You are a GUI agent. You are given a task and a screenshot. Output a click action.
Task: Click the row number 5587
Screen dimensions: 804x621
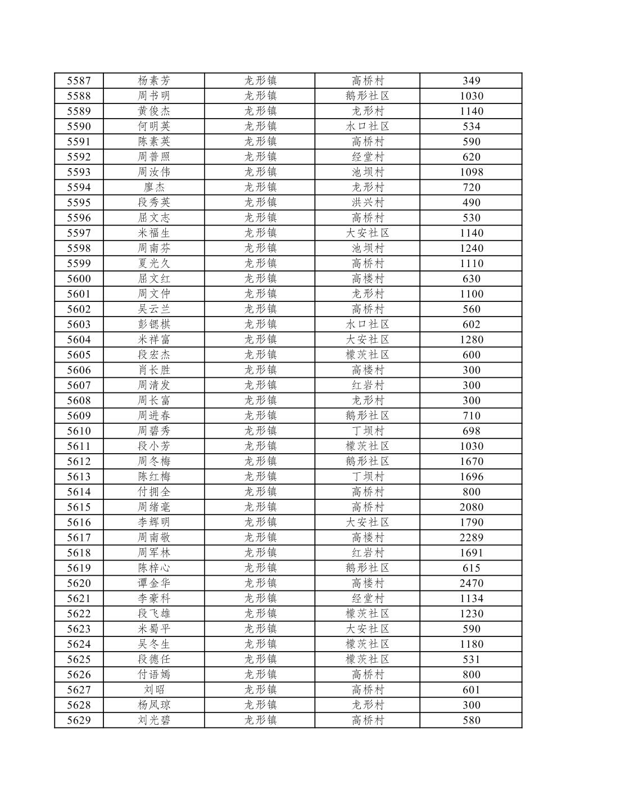click(x=79, y=81)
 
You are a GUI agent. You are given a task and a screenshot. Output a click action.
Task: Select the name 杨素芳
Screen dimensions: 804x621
click(x=153, y=81)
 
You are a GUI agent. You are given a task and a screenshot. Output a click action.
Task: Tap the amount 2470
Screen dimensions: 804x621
click(x=471, y=583)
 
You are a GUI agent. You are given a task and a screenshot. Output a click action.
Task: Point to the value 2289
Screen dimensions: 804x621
click(x=471, y=537)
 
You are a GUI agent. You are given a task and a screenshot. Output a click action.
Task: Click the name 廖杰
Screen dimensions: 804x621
click(x=153, y=187)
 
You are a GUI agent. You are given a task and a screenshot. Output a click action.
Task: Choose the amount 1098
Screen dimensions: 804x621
click(x=471, y=172)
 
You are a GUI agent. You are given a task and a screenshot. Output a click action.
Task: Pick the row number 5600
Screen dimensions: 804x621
click(x=79, y=279)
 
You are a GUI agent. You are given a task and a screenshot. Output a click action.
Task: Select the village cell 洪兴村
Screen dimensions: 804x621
click(x=368, y=202)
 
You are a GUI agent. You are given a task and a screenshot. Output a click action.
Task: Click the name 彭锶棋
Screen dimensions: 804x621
click(x=153, y=324)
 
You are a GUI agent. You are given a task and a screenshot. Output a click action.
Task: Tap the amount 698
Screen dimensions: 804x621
click(x=471, y=431)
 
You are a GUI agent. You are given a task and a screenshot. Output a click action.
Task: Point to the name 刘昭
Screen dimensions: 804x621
click(x=153, y=690)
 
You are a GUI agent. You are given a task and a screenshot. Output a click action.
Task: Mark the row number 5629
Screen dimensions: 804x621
click(x=79, y=720)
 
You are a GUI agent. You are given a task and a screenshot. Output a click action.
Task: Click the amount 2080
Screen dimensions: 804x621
click(x=471, y=507)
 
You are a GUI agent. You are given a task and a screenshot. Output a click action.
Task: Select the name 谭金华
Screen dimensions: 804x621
click(x=153, y=583)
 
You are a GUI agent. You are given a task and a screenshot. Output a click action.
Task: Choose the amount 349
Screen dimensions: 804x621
click(x=471, y=81)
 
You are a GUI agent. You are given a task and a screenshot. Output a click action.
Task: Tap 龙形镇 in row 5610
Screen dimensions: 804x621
click(x=260, y=431)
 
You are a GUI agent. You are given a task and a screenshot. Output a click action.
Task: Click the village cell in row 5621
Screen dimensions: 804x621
click(x=368, y=598)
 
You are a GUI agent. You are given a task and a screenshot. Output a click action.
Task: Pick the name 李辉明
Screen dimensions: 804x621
click(x=153, y=522)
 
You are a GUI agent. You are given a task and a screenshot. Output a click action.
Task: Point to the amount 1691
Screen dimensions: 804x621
click(x=471, y=553)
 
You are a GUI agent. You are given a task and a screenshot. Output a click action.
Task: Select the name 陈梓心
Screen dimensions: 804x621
click(x=153, y=568)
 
